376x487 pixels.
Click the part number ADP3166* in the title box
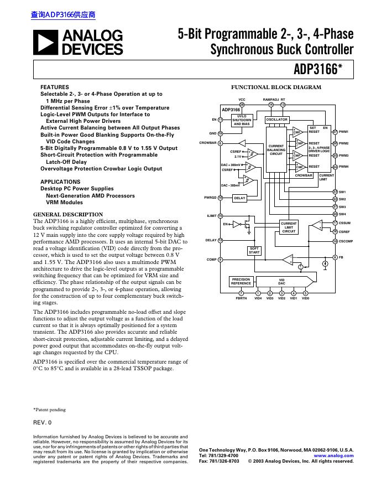(323, 70)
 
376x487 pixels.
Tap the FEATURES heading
(55, 87)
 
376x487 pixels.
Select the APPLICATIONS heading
(60, 182)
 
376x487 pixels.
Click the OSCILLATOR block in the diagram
(277, 120)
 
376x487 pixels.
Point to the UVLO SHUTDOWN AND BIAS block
(242, 120)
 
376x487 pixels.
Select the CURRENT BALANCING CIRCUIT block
(276, 150)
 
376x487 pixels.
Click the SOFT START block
(254, 250)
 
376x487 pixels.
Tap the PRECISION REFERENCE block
(241, 281)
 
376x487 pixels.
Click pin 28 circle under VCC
(242, 105)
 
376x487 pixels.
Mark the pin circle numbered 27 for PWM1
(335, 132)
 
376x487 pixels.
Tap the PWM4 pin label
(343, 167)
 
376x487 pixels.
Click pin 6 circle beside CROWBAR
(220, 143)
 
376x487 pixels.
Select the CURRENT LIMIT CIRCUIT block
(289, 227)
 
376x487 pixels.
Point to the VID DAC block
(281, 281)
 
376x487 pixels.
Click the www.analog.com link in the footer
(333, 455)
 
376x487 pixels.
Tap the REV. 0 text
(42, 422)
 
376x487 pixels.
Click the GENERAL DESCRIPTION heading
(68, 215)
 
